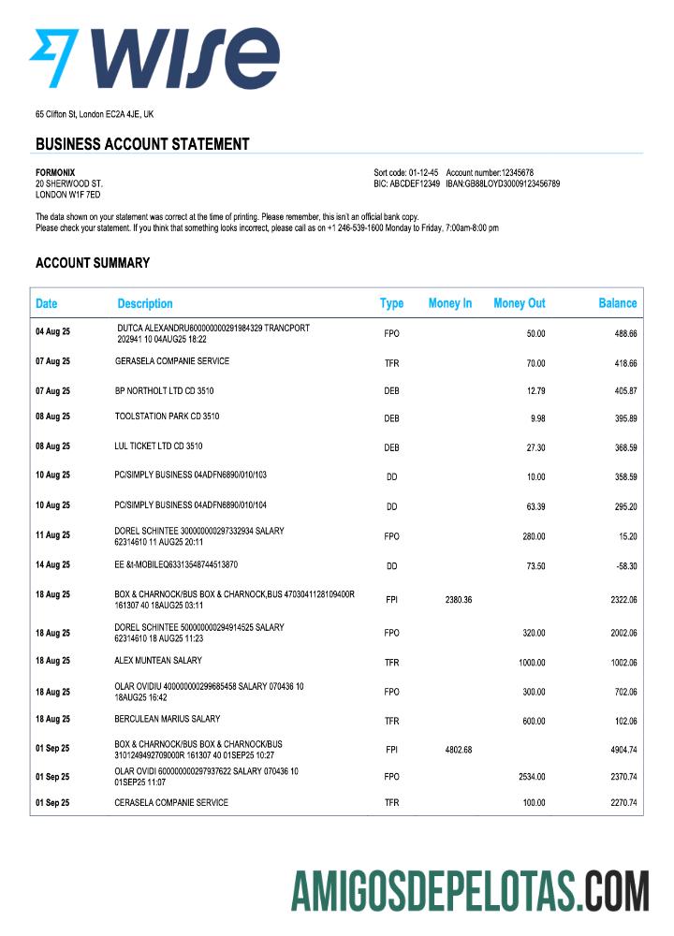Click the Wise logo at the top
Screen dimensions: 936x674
(x=154, y=58)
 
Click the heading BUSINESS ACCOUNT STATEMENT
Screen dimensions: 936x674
(x=142, y=144)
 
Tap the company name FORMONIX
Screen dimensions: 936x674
(x=56, y=173)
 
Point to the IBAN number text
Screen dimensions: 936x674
(x=503, y=184)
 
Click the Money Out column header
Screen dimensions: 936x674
(x=519, y=303)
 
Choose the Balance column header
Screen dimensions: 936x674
(x=617, y=303)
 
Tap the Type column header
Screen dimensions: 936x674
(x=391, y=303)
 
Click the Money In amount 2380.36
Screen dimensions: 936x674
(x=454, y=600)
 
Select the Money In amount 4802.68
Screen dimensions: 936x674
(x=454, y=750)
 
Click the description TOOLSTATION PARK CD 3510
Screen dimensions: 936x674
(x=167, y=416)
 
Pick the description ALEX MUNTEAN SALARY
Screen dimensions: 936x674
(x=158, y=660)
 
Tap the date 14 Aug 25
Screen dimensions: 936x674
(x=52, y=565)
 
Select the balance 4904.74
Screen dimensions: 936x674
(x=619, y=750)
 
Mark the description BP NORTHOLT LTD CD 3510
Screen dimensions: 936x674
(x=164, y=388)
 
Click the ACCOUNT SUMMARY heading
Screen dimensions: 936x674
(x=93, y=263)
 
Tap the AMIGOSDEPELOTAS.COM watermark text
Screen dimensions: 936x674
(x=469, y=890)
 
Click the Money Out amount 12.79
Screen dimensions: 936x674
(x=535, y=391)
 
